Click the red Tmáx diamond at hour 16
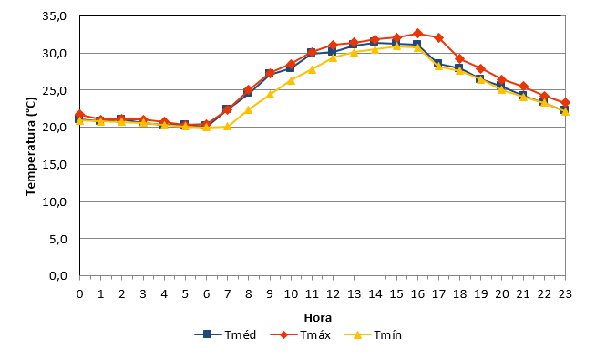point(417,33)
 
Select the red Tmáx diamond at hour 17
point(438,37)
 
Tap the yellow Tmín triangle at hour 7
point(227,126)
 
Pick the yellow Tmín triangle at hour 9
point(270,94)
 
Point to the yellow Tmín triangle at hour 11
point(312,69)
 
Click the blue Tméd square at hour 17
point(437,64)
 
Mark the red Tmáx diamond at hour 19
point(481,68)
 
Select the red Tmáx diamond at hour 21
point(523,87)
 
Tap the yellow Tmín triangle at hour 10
point(291,80)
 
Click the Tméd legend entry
point(225,334)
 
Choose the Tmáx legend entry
point(301,334)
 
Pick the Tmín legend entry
point(373,334)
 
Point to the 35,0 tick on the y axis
point(55,16)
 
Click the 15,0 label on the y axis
point(55,165)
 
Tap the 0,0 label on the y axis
point(57,275)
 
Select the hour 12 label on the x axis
point(333,293)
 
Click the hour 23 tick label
point(566,293)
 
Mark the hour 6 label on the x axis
point(206,293)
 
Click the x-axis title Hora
point(318,317)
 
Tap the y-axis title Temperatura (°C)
point(31,147)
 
